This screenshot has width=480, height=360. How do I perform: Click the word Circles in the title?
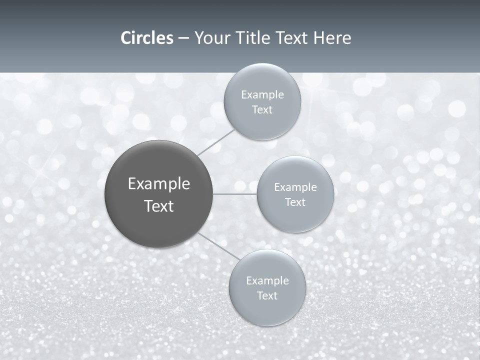pos(147,38)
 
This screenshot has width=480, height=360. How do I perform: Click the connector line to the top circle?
pos(216,142)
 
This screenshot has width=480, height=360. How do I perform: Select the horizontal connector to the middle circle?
pos(234,194)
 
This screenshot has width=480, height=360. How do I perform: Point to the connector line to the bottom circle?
pos(219,246)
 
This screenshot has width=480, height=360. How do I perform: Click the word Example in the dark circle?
pos(159,184)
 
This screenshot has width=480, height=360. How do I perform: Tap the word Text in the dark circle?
pos(159,206)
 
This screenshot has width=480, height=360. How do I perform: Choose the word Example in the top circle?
pos(262,95)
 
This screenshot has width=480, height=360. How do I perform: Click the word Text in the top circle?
pos(262,110)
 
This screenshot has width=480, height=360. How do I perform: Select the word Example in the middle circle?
pos(295,187)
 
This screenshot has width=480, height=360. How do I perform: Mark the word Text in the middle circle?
pos(295,202)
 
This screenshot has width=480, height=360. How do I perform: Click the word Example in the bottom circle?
pos(267,281)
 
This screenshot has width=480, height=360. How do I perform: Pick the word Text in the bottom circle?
pos(267,296)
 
